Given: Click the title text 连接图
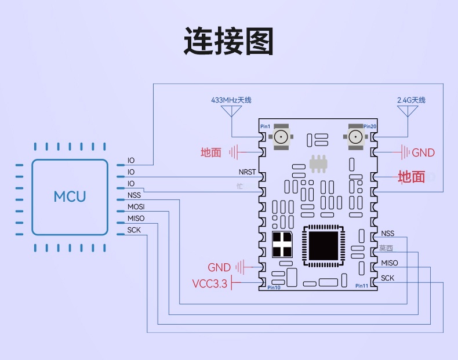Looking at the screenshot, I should pos(228,41).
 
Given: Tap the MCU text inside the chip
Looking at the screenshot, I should pos(70,196).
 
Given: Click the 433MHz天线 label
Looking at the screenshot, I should pos(231,100).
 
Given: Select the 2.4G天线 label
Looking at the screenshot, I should pos(411,100).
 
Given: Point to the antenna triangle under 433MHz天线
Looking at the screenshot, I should pos(232,111).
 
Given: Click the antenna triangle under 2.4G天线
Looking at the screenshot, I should pos(411,111).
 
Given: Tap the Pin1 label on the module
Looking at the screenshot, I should pos(265,126).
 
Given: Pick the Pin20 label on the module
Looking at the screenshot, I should pos(370,126).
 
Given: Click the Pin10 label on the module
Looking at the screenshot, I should pos(274,288).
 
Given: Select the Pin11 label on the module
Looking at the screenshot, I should pos(362,285).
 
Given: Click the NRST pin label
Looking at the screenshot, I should pos(247,172).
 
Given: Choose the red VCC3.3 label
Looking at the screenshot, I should pos(210,284).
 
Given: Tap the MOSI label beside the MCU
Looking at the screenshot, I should pos(136,207).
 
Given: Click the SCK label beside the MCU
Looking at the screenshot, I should pos(134,230).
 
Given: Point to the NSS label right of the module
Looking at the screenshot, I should pos(387,234).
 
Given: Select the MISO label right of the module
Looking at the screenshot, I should pos(390,263).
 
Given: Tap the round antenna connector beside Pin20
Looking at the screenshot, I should pos(355,137).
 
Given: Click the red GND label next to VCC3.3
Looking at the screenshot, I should pos(219,267).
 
